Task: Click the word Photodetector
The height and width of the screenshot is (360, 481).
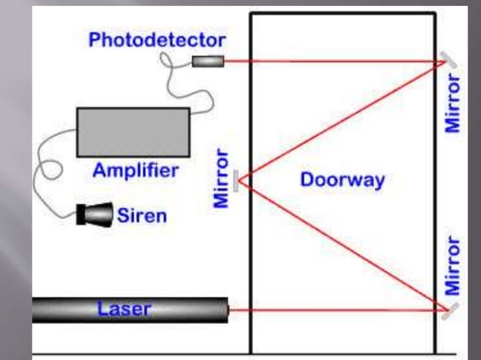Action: [x=156, y=40]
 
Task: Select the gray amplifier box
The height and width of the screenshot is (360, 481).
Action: [x=133, y=132]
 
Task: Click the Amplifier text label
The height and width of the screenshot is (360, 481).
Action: [x=136, y=170]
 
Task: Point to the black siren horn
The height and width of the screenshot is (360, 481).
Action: [x=93, y=215]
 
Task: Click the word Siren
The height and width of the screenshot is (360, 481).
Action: [x=142, y=216]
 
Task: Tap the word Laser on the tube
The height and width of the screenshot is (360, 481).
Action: [x=124, y=308]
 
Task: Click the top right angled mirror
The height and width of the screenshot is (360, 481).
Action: [x=449, y=61]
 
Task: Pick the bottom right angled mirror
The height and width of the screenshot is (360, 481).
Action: [x=449, y=310]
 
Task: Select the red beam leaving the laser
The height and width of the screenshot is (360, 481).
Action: [x=332, y=310]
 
